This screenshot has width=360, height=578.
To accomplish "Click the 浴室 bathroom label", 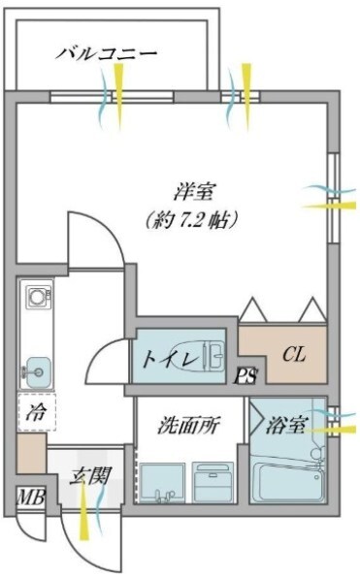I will coord(289,425).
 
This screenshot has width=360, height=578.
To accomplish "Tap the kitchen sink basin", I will coord(39,368).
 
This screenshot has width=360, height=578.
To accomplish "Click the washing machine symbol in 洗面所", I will coord(211,482).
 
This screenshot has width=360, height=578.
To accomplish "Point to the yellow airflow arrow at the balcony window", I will coord(118,90).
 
